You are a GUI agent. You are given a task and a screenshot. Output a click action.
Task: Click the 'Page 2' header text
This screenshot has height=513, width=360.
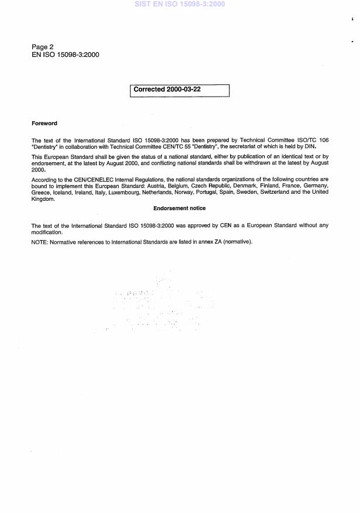click(43, 46)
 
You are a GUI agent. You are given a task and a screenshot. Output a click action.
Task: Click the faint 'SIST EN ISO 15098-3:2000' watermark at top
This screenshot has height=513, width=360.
click(179, 4)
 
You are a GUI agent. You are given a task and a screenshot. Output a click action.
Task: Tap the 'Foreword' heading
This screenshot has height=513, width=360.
click(44, 124)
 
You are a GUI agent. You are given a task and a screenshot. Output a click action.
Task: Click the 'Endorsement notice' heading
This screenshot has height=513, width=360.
click(179, 208)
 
